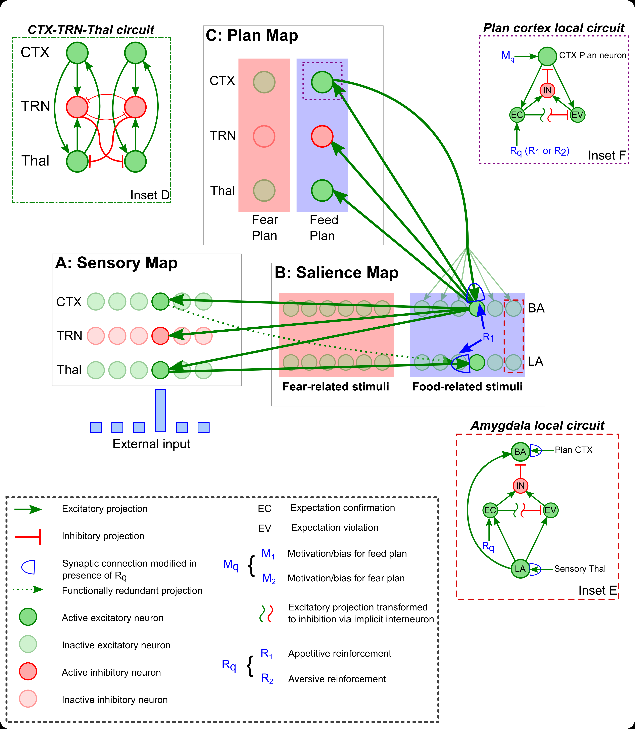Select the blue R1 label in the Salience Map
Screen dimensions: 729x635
pos(488,337)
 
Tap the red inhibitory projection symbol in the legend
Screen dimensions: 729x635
pos(28,536)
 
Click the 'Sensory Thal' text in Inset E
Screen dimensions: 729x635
pos(580,569)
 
